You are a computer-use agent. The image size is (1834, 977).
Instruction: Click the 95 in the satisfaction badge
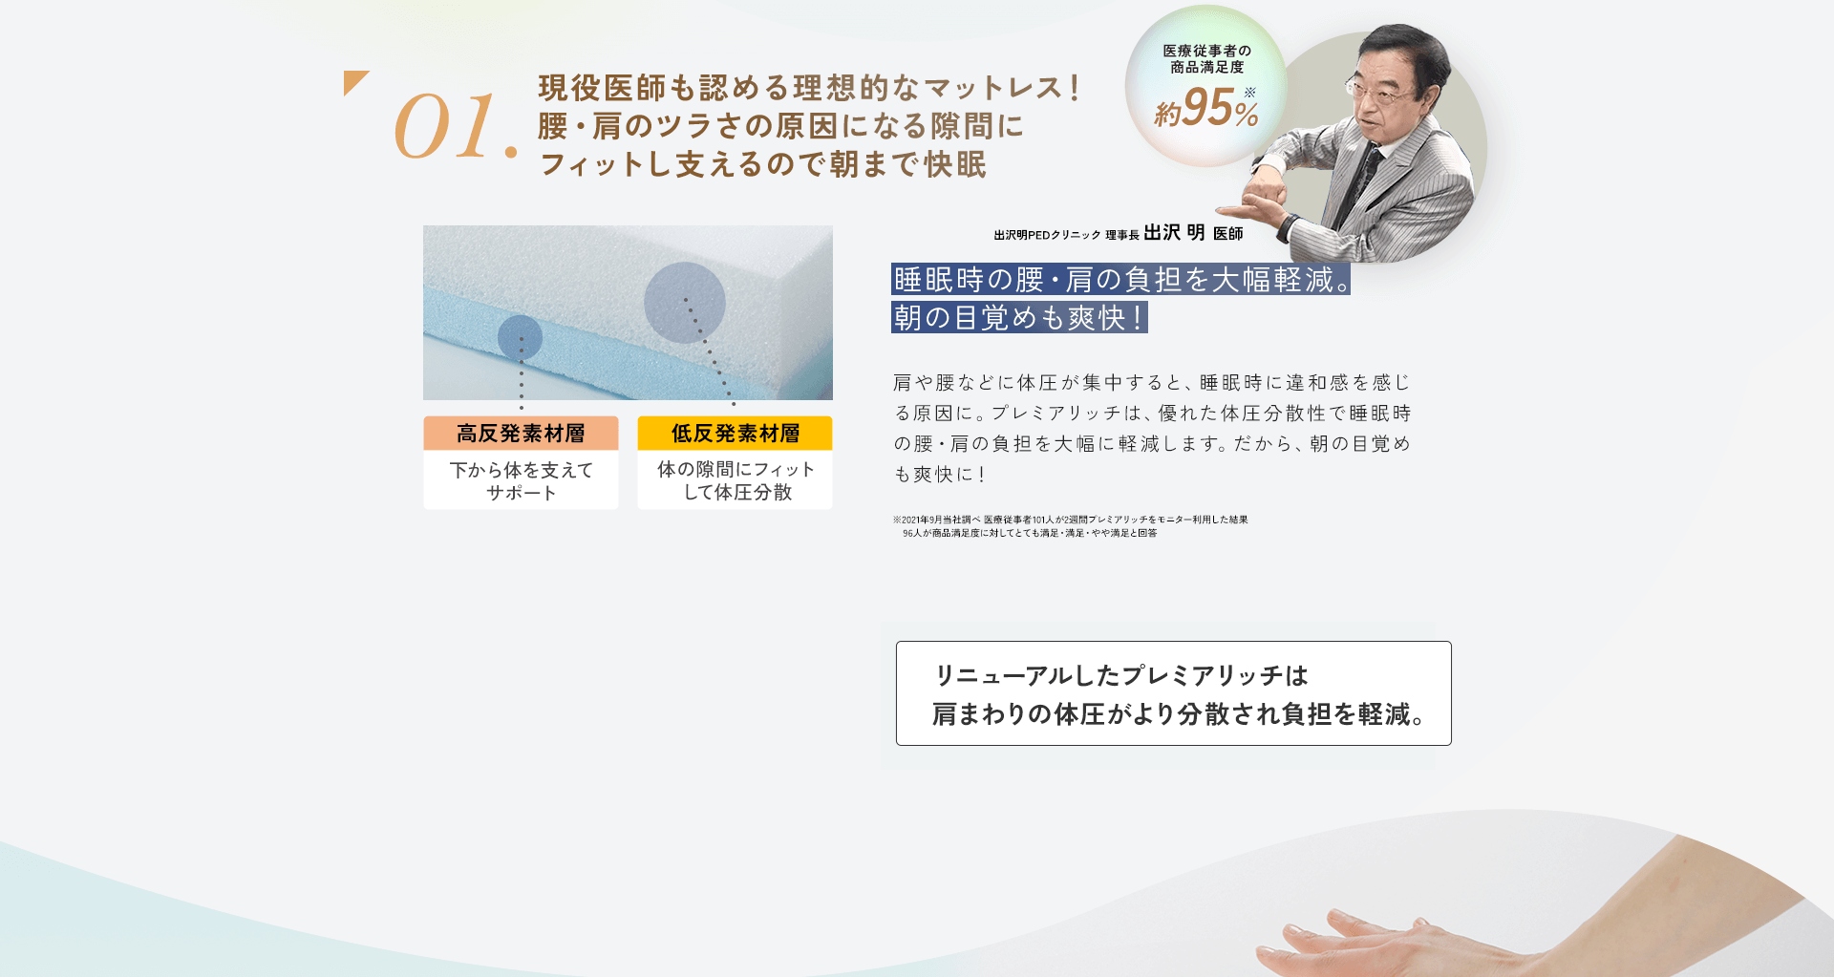click(x=1207, y=107)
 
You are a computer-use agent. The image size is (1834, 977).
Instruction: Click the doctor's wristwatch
click(x=1288, y=228)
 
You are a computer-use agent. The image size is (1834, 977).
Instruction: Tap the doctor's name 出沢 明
click(x=1174, y=233)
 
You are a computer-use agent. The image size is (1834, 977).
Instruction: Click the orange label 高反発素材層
click(x=521, y=434)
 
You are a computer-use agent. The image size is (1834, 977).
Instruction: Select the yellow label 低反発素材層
click(x=735, y=434)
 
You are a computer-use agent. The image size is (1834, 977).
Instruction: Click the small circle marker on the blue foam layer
click(x=520, y=337)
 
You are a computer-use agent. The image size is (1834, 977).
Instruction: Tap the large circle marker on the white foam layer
click(x=684, y=303)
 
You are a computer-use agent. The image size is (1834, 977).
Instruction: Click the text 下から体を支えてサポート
click(x=521, y=481)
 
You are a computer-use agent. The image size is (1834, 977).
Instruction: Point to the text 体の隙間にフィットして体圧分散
click(x=735, y=480)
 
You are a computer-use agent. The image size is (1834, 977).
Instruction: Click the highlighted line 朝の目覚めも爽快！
click(x=1018, y=317)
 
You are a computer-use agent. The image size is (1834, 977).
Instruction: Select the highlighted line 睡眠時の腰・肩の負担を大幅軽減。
click(x=1120, y=279)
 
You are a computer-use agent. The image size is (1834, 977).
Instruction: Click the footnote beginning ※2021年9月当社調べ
click(x=1070, y=526)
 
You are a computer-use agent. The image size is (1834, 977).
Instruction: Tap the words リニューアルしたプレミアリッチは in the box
click(x=1120, y=675)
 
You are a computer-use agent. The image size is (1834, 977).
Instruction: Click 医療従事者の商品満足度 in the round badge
click(x=1206, y=58)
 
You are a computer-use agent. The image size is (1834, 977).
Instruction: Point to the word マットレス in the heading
click(x=993, y=88)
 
